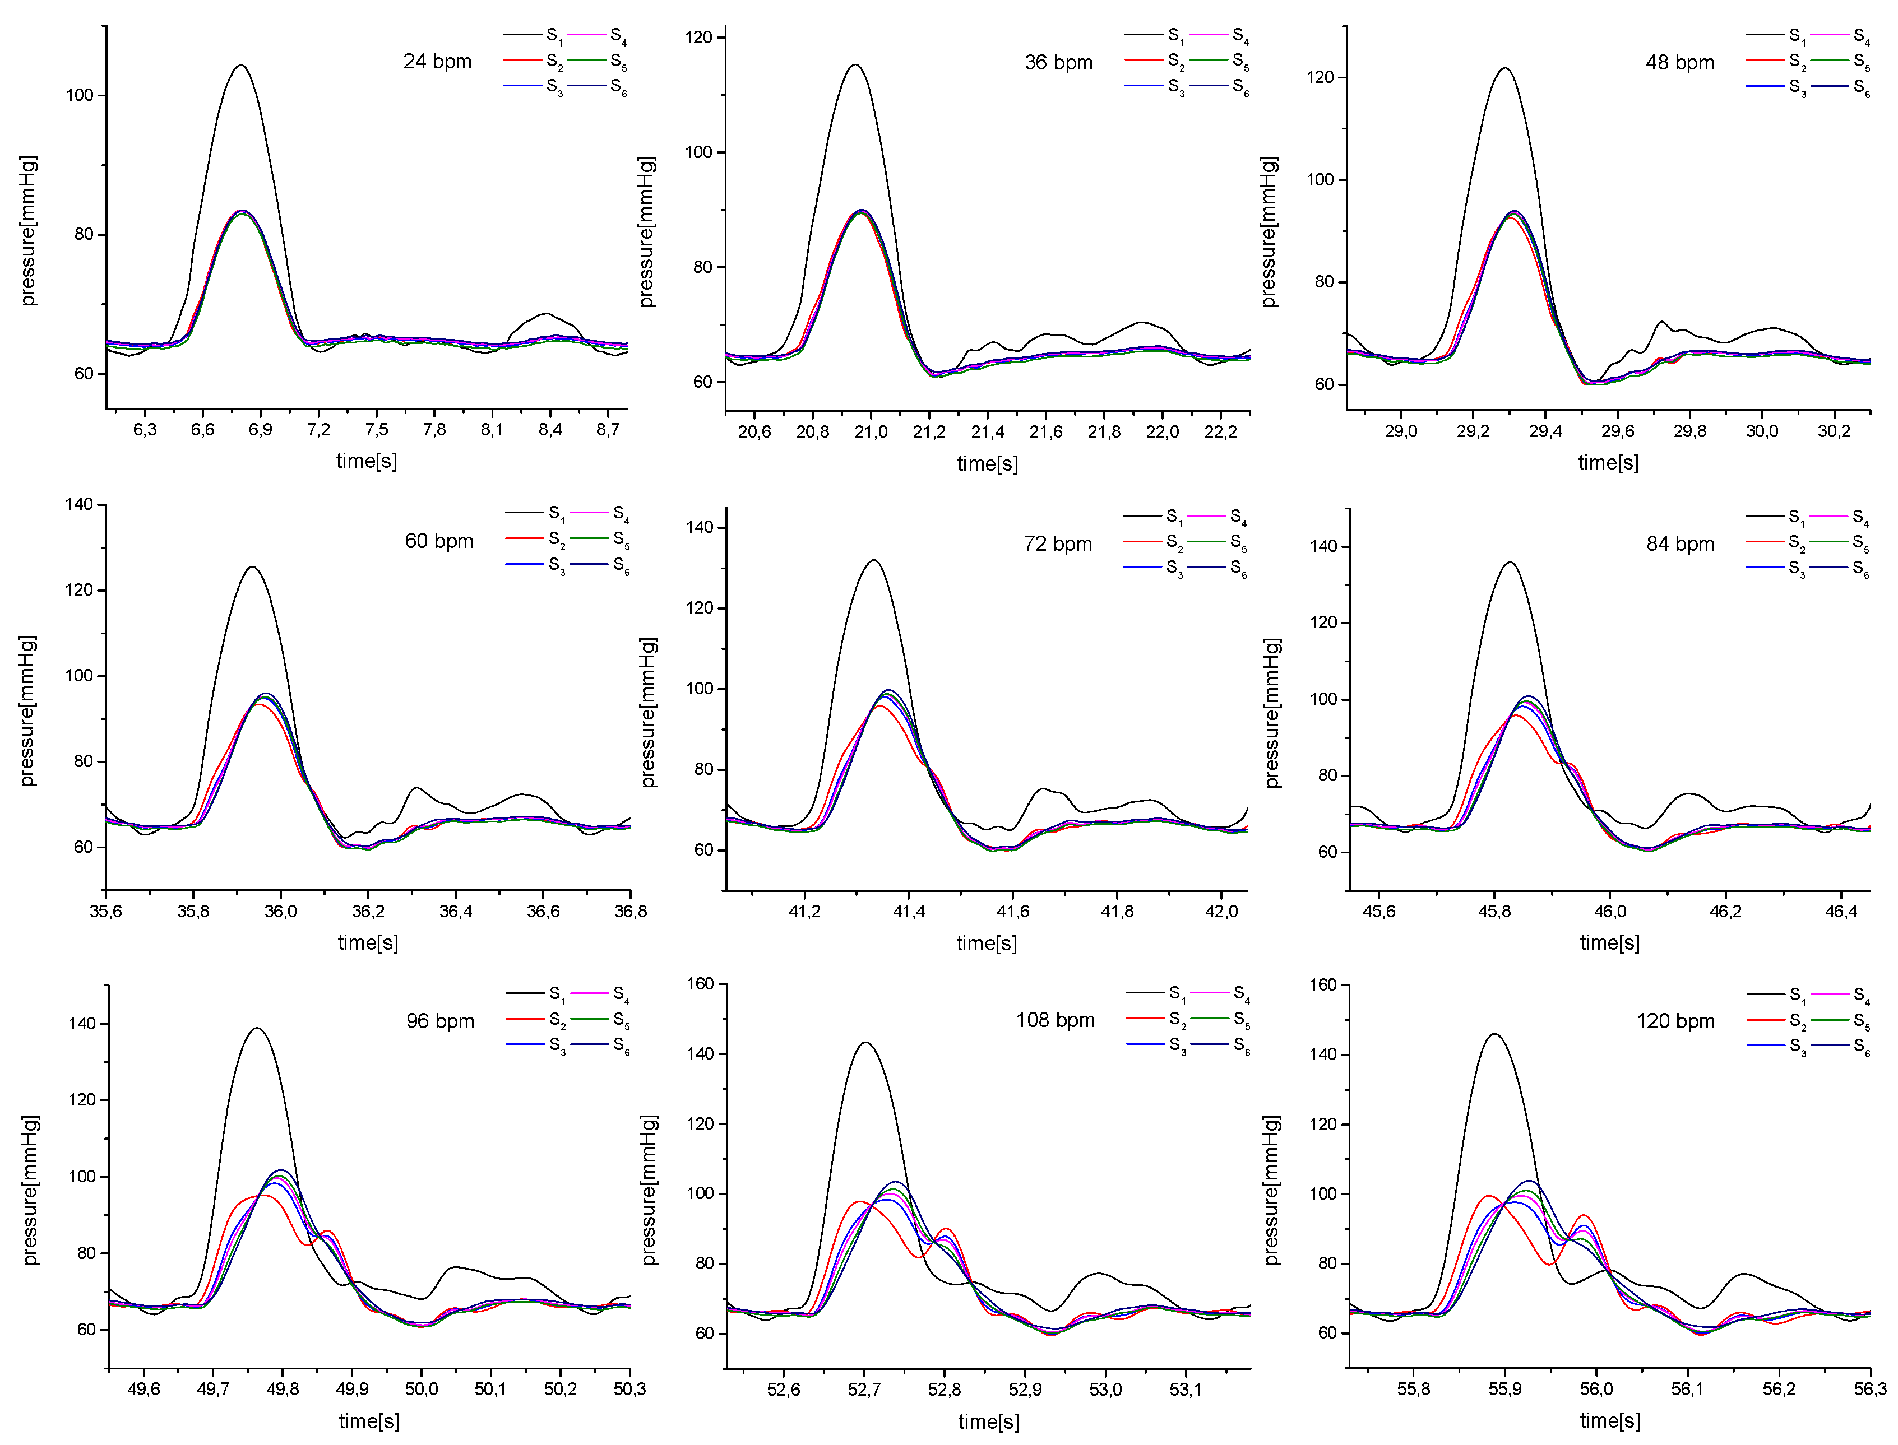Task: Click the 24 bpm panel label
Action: pos(437,62)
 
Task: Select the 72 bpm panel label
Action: pos(1057,543)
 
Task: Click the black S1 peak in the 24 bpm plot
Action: pos(241,66)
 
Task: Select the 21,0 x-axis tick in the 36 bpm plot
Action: pos(871,431)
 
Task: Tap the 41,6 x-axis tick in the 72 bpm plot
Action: pos(1013,911)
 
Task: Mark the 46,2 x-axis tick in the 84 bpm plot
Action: pos(1725,911)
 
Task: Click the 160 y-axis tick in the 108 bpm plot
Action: pos(701,983)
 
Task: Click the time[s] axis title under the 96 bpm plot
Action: pos(369,1421)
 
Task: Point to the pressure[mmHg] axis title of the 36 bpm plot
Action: pos(647,232)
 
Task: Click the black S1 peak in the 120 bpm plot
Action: pos(1494,1034)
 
